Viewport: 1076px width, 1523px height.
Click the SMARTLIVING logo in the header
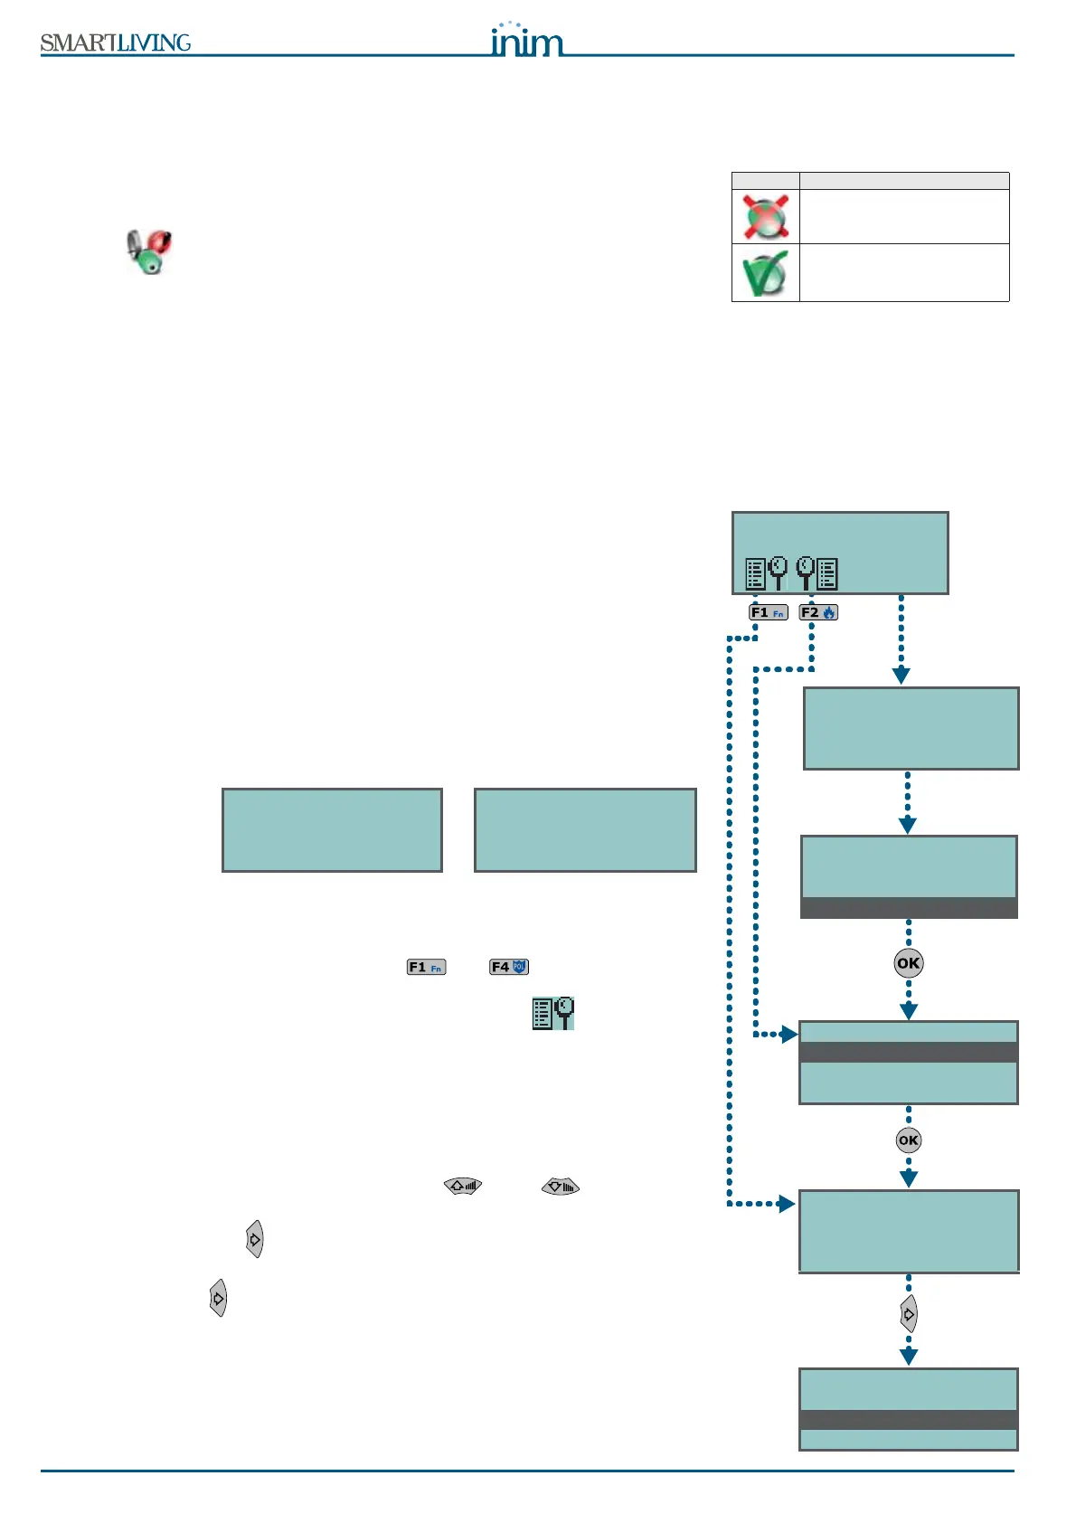pyautogui.click(x=116, y=43)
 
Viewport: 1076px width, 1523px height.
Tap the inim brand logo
pyautogui.click(x=526, y=40)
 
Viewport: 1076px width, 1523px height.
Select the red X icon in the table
pyautogui.click(x=766, y=217)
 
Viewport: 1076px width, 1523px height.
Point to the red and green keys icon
pyautogui.click(x=149, y=251)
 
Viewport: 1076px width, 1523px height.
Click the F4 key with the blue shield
pyautogui.click(x=509, y=967)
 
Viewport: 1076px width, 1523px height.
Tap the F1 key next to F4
pyautogui.click(x=426, y=967)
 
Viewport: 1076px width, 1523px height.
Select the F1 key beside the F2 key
pyautogui.click(x=769, y=612)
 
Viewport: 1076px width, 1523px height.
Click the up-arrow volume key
pyautogui.click(x=463, y=1186)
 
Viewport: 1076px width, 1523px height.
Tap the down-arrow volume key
pyautogui.click(x=561, y=1186)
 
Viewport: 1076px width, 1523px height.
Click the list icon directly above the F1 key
pyautogui.click(x=766, y=573)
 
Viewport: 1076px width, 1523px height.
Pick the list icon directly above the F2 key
pyautogui.click(x=817, y=573)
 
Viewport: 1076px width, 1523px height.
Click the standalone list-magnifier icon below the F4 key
pyautogui.click(x=553, y=1013)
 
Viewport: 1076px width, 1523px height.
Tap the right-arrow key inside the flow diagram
pyautogui.click(x=909, y=1314)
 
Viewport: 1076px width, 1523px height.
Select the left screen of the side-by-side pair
pyautogui.click(x=332, y=830)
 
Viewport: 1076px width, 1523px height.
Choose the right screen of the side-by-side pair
pyautogui.click(x=585, y=830)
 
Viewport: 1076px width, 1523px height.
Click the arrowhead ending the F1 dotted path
pyautogui.click(x=788, y=1204)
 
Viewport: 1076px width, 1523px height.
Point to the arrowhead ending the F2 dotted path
pyautogui.click(x=789, y=1034)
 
